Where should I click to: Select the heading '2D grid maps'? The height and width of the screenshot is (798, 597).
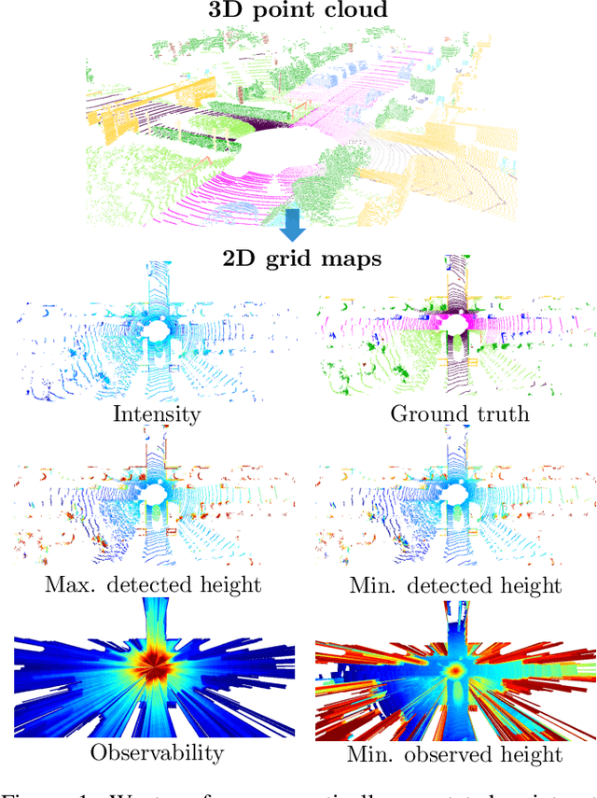coord(301,259)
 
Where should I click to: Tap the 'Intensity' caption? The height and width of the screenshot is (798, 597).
coord(156,413)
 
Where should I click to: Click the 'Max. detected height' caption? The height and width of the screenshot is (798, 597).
coord(153,585)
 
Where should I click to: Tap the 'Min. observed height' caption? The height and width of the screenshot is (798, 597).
coord(454,753)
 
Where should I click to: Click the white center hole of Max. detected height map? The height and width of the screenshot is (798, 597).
coord(154,493)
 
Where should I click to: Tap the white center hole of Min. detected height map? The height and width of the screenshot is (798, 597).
coord(457,493)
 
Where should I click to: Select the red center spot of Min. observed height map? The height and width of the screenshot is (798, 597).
coord(455,668)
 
